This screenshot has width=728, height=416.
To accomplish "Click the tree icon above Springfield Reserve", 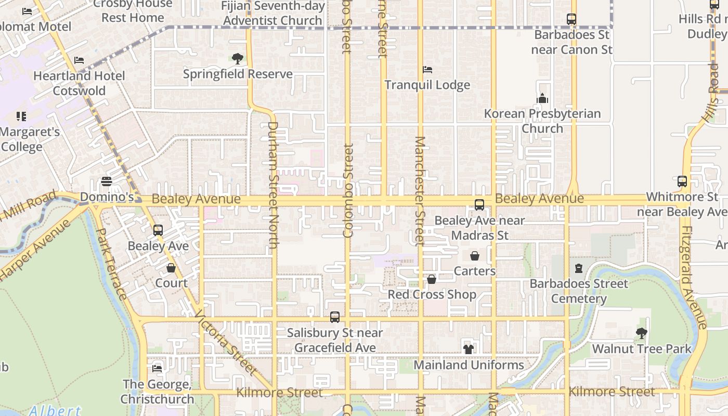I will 237,58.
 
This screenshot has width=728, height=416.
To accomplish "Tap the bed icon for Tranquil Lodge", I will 427,69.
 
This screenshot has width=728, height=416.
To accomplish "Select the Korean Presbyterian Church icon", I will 542,98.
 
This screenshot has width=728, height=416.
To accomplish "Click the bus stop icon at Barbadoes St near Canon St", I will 571,19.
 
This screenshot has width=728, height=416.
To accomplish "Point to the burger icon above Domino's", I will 107,181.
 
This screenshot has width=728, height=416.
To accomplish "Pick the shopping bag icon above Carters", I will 475,256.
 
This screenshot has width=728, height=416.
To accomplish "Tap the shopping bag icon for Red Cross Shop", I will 432,279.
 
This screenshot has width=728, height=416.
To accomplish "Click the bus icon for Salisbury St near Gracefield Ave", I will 335,317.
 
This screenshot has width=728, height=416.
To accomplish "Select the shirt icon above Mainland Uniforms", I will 469,349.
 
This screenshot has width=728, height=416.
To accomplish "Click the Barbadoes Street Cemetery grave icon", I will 578,268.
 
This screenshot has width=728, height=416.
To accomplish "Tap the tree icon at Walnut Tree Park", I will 642,333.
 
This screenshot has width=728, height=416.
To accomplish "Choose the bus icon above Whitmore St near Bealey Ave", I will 682,181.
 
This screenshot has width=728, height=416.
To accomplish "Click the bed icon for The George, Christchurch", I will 157,369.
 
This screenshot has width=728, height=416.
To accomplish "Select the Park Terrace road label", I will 112,264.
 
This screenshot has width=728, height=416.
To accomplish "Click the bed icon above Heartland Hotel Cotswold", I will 79,60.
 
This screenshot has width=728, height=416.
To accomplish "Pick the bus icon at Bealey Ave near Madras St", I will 479,205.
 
